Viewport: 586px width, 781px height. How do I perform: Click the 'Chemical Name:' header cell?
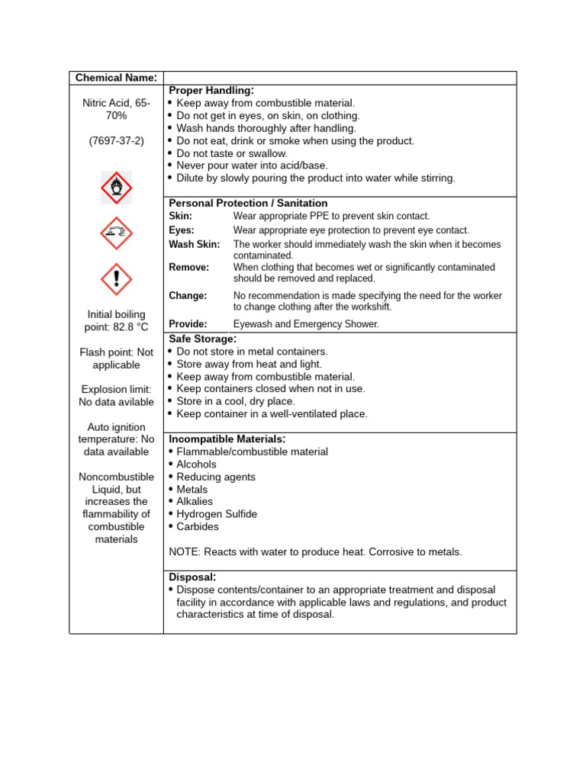tap(116, 78)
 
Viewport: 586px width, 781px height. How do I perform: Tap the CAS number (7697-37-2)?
tap(116, 140)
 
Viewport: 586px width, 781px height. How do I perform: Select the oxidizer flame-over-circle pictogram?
tap(116, 188)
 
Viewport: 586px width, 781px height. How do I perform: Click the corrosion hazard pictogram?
tap(116, 233)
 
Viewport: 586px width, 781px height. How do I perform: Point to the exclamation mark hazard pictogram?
tap(116, 279)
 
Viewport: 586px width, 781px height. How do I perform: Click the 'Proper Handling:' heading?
tap(211, 91)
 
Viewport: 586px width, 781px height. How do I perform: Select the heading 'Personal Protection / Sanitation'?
tap(248, 203)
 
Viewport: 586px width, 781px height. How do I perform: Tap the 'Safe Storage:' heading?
tap(202, 339)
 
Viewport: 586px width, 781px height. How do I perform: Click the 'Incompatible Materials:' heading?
tap(227, 439)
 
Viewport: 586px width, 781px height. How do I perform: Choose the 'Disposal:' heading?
tap(192, 577)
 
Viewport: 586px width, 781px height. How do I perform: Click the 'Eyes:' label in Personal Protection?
tap(182, 230)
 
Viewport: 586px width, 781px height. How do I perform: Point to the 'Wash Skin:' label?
tap(194, 245)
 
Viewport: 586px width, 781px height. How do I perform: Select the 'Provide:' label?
tap(188, 324)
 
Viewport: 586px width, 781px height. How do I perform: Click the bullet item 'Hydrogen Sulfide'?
tap(217, 514)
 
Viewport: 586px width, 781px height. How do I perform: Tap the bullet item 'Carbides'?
tap(198, 526)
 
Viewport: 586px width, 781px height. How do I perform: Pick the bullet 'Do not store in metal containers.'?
tap(252, 352)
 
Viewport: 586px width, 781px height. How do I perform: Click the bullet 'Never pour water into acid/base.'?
tap(253, 166)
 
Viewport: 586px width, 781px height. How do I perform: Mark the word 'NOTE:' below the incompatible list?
tap(185, 552)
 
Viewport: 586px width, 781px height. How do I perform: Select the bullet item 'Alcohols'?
tap(196, 464)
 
